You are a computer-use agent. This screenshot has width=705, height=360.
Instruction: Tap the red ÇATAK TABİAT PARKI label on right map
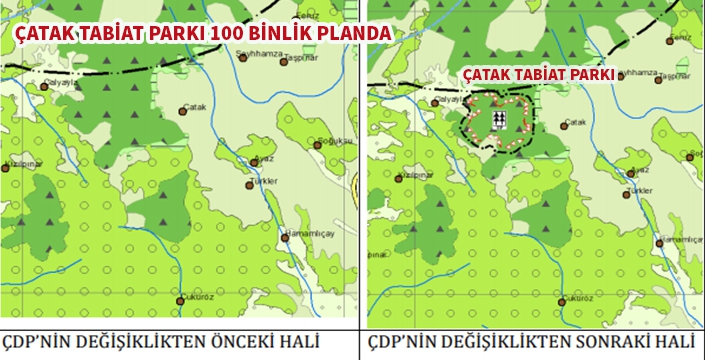point(538,75)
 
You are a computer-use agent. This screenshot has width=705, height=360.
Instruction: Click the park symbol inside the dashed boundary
point(506,120)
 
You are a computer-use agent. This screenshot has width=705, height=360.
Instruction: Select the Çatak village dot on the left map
point(183,111)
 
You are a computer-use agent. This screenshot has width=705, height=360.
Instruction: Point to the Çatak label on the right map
point(575,123)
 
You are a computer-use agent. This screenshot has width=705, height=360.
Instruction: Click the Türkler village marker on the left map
point(251,184)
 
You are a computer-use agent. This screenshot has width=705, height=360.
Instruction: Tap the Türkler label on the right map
point(638,191)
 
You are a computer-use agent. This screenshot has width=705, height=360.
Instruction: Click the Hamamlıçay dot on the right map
point(660,241)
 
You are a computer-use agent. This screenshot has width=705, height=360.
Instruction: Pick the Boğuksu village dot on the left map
point(317,145)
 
